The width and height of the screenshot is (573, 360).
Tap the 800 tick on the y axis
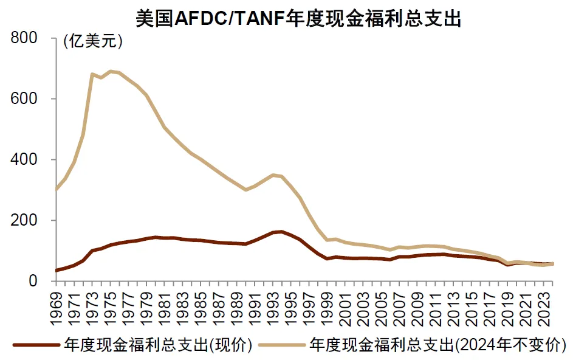point(25,38)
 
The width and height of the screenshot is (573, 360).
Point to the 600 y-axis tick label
point(25,99)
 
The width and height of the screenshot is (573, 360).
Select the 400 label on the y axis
point(25,159)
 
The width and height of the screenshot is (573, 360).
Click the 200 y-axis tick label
point(25,220)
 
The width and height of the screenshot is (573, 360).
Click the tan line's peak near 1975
point(111,71)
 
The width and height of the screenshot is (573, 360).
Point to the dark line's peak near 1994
point(281,231)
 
